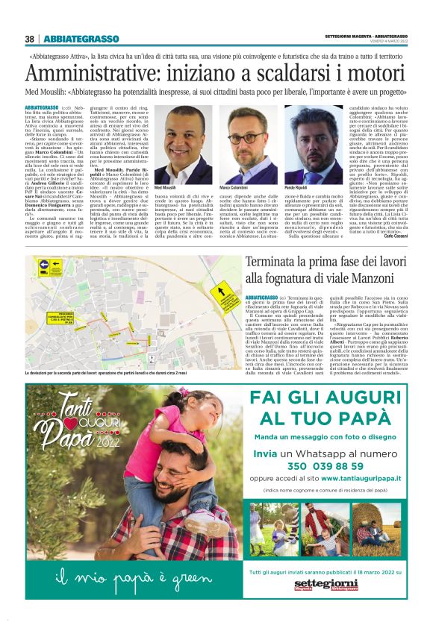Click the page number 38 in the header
point(30,39)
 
